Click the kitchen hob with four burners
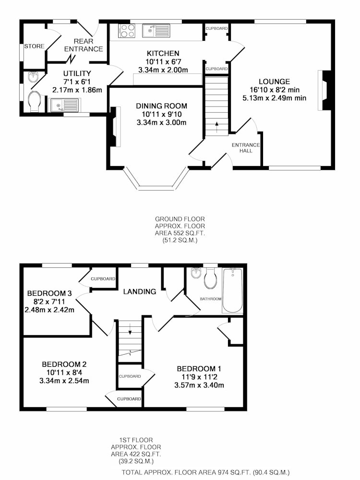(127, 31)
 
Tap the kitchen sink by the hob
(156, 31)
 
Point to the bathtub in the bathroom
(233, 290)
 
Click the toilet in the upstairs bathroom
(211, 278)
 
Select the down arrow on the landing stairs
(130, 329)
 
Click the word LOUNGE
(274, 82)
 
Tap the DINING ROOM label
(161, 106)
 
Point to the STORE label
(34, 46)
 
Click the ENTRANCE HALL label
(246, 147)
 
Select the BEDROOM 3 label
(49, 293)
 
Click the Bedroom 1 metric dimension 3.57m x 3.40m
(199, 385)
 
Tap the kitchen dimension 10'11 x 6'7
(163, 62)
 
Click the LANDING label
(140, 291)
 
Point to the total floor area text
(205, 472)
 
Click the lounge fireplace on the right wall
(324, 90)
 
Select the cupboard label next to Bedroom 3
(103, 279)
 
